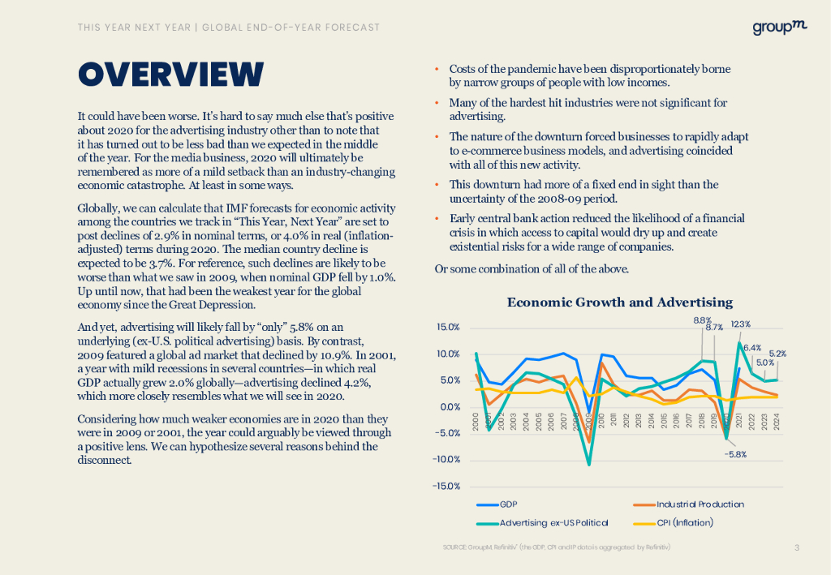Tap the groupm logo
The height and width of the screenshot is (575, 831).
click(779, 28)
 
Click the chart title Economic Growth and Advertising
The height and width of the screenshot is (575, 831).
click(619, 303)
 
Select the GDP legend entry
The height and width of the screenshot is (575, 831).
click(509, 504)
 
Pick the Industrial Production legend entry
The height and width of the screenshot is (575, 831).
click(700, 504)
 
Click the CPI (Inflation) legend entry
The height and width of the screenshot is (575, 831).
click(685, 522)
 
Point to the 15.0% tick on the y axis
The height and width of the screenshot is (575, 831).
click(448, 328)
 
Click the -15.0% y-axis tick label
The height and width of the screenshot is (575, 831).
click(446, 487)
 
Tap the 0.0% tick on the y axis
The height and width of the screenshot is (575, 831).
click(450, 407)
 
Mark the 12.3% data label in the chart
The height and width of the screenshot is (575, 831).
click(740, 324)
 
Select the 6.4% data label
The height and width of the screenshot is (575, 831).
click(751, 348)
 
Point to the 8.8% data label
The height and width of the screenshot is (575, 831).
click(703, 320)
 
